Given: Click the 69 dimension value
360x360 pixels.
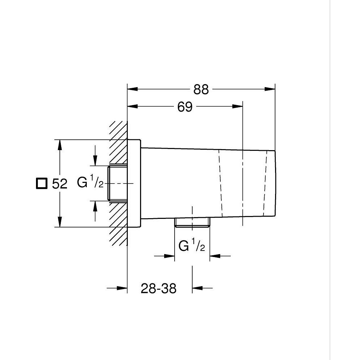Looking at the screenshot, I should coord(185,107).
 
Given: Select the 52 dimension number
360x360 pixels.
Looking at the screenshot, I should coord(60,184).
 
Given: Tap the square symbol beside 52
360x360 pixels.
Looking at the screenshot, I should coord(42,183).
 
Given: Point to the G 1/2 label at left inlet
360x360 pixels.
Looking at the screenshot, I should coord(90,183).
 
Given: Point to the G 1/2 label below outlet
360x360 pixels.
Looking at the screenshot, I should coord(192,246).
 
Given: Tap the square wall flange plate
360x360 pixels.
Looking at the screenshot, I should coord(134,183).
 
